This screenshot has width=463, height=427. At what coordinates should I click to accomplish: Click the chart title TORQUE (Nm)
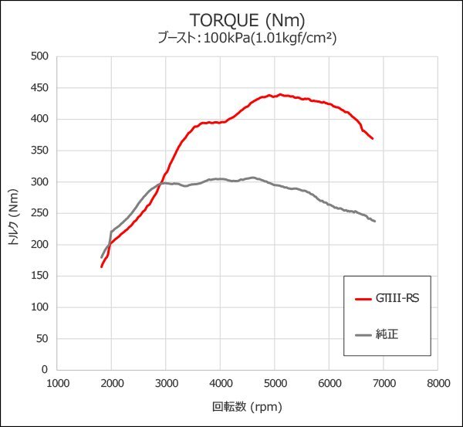click(x=231, y=19)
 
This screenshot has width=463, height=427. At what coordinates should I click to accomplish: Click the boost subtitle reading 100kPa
click(x=231, y=37)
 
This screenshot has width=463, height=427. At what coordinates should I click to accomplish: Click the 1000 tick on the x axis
click(x=57, y=382)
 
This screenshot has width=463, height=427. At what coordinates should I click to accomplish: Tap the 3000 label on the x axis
click(x=166, y=382)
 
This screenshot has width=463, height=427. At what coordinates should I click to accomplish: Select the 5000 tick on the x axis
click(x=275, y=382)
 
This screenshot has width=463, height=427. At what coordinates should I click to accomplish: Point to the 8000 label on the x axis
click(x=438, y=382)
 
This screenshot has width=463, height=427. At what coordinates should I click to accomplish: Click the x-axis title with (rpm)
click(x=247, y=407)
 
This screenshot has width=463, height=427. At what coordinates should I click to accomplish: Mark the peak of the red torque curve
click(x=279, y=95)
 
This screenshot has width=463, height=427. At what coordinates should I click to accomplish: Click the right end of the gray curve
click(x=375, y=222)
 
